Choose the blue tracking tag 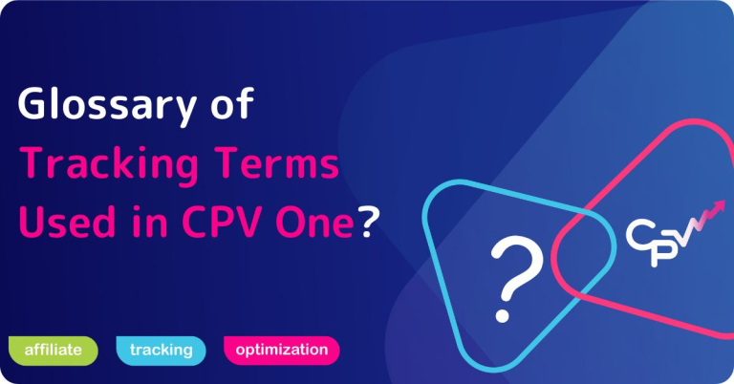click(x=161, y=351)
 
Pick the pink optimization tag click(x=281, y=351)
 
